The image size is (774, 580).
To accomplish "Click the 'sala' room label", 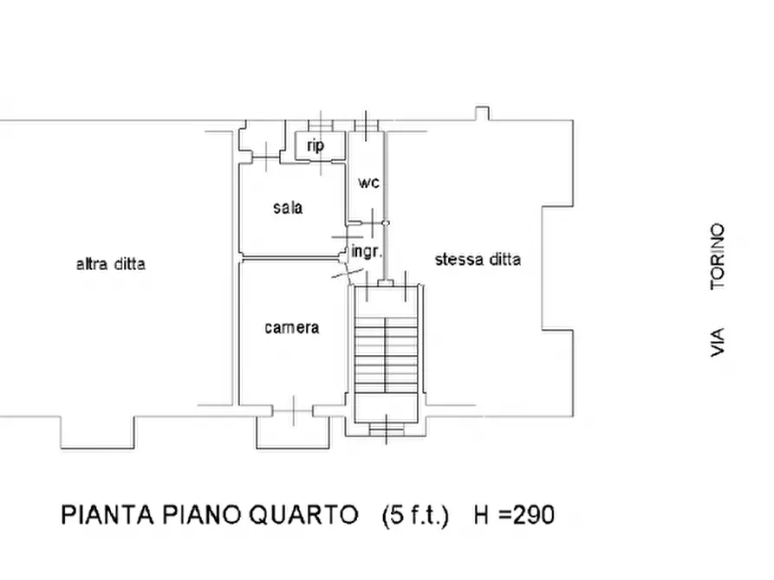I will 288,208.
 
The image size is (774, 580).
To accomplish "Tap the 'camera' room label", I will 291,327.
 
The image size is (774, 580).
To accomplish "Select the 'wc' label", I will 369,183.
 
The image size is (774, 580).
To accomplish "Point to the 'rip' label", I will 315,145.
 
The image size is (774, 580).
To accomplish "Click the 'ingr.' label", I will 366,252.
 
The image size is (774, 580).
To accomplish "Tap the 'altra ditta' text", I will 111,264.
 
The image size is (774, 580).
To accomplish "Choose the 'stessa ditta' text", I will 478,259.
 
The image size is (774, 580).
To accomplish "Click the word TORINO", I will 717,256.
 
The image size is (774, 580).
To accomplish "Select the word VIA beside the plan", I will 717,342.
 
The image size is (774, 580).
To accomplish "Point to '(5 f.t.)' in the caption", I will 415,516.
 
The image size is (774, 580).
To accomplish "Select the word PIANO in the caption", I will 205,515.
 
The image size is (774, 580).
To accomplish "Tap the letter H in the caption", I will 482,516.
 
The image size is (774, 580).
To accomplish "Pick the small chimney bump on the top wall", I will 482,114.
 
